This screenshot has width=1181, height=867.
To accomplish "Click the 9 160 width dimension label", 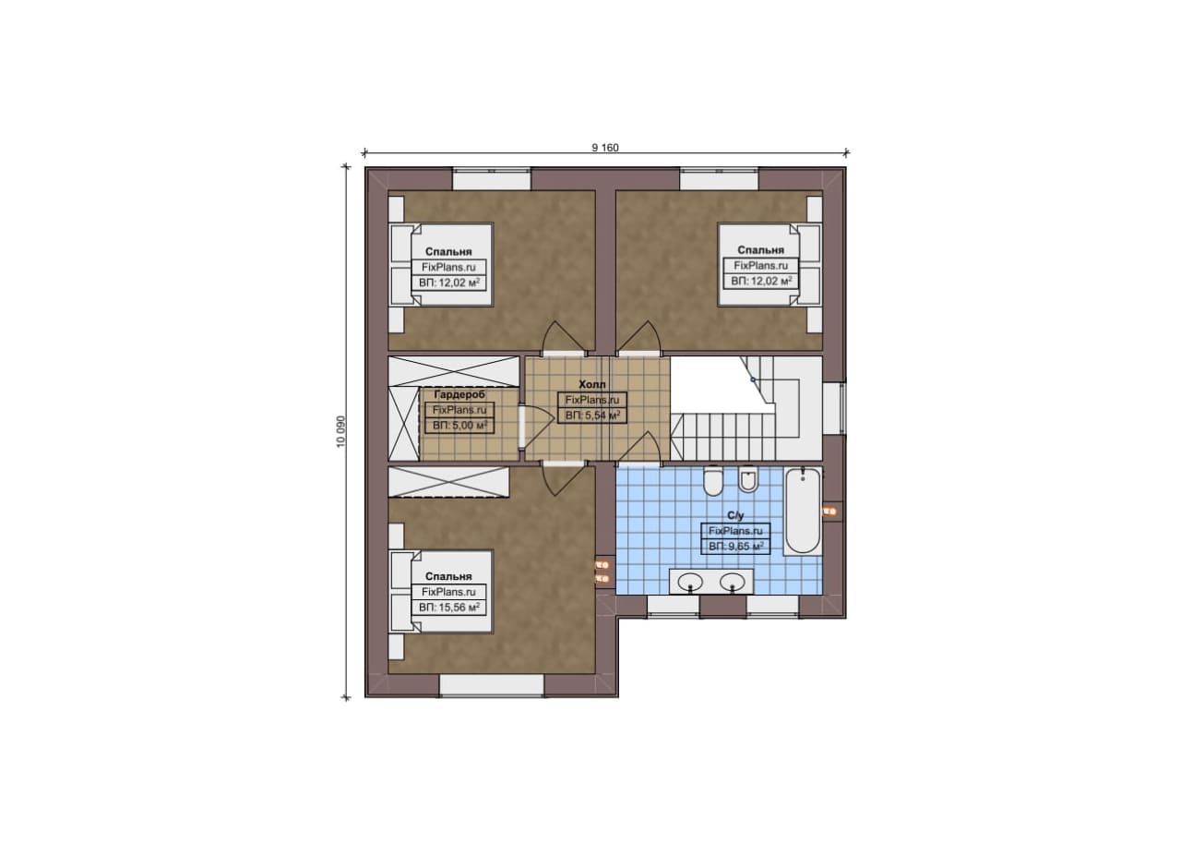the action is coord(604,148).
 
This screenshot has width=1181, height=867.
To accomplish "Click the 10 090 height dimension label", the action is coord(341,431).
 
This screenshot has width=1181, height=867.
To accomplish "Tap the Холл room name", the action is coord(592,384).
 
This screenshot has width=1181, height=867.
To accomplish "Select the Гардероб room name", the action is coord(459,394).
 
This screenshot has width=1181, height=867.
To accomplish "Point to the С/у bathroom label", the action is coord(735,515).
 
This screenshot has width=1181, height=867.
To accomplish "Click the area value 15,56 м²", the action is coord(448,608).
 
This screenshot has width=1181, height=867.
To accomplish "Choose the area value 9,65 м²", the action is coord(736,547).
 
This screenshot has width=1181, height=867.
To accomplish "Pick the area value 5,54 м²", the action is coord(592,415).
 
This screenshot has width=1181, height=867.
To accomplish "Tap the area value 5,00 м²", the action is coord(459,426).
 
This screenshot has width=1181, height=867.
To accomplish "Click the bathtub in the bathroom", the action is coord(803,511).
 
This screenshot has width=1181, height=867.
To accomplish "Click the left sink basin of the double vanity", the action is coord(690,582).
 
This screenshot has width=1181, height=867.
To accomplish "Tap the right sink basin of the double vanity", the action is coord(733,582).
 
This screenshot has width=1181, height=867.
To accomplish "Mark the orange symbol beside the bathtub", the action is coord(829,511).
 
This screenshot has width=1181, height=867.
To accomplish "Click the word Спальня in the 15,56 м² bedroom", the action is coord(448,576).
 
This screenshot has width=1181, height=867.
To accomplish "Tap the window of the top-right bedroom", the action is coord(719,179).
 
